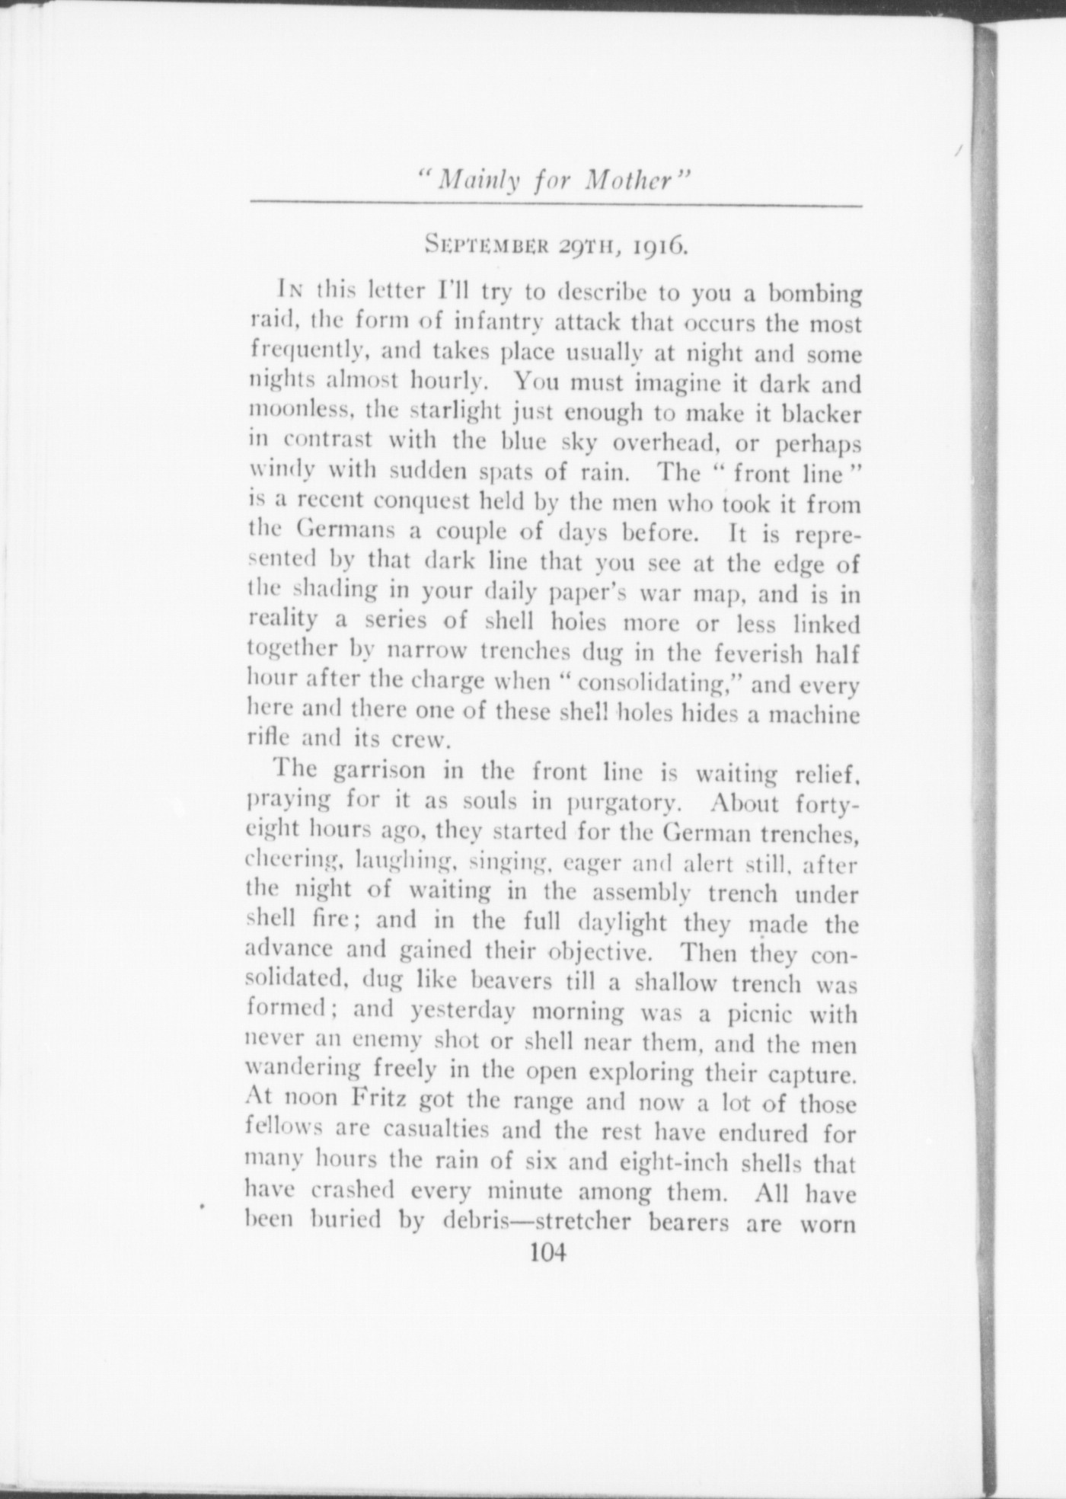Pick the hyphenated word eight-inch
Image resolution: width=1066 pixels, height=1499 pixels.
coord(669,1162)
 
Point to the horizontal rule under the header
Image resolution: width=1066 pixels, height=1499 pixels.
coord(556,205)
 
